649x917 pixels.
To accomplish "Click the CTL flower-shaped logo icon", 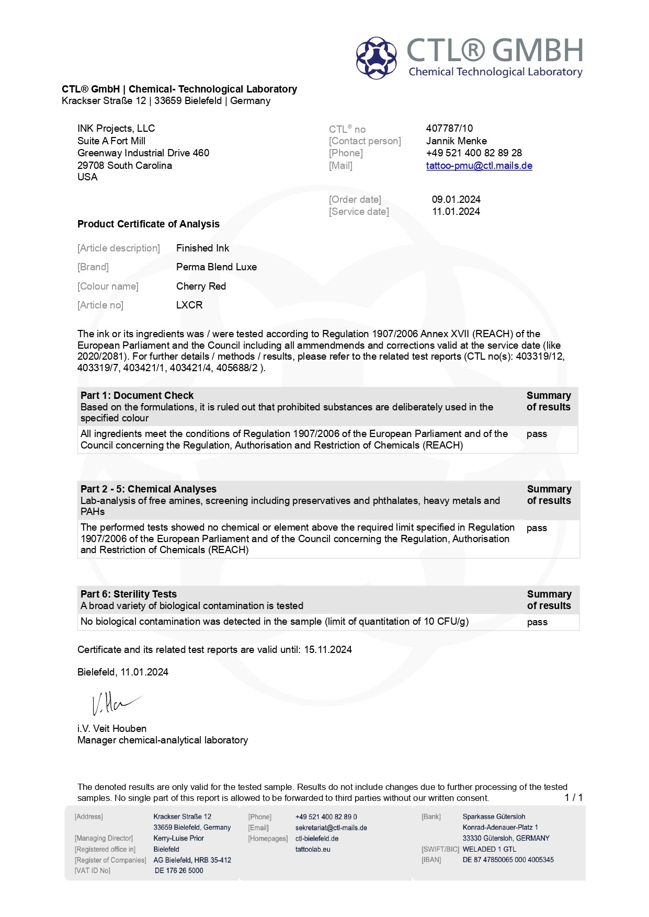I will point(377,58).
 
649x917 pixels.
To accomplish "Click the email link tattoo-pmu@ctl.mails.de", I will point(479,166).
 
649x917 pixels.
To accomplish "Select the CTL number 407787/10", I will point(449,128).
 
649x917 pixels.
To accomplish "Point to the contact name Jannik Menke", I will point(456,141).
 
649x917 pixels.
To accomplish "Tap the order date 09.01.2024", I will point(456,199).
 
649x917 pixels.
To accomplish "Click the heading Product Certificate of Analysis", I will point(149,224).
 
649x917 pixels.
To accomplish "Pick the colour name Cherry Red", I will point(201,286).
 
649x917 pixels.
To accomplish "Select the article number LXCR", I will point(189,305).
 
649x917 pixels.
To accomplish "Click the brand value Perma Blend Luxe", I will point(217,267).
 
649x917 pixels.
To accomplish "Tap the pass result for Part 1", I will point(537,434).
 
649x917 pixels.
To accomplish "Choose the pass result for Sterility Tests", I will point(537,622).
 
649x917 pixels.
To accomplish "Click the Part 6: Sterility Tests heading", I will point(129,594).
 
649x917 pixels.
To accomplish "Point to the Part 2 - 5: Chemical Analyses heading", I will point(149,489).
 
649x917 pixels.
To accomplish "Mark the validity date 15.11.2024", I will point(328,649).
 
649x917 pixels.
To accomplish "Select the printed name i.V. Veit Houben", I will point(112,728).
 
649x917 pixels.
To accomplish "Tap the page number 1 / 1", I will point(574,797).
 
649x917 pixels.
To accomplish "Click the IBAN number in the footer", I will point(508,859).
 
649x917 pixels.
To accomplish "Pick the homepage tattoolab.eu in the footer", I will point(313,849).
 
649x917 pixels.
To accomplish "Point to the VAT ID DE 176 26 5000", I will point(179,870).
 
